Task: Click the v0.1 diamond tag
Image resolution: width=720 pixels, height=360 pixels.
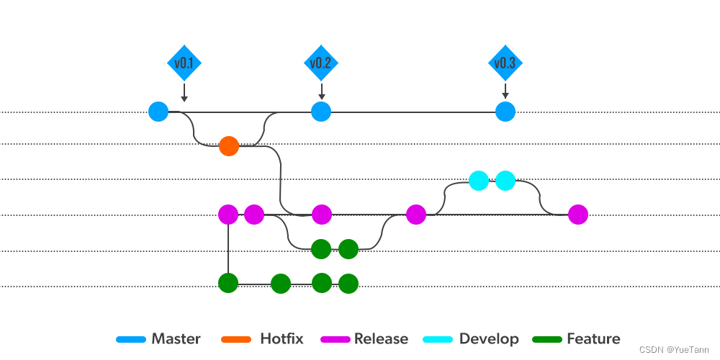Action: pos(184,63)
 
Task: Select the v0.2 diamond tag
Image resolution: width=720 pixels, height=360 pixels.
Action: pos(321,63)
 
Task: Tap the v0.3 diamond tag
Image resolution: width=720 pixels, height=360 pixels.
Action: pos(505,63)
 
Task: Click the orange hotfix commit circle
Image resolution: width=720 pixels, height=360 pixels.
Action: pos(229,146)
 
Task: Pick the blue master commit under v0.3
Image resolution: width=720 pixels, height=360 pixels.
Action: pos(505,112)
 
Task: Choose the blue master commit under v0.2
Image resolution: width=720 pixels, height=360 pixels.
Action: pos(321,112)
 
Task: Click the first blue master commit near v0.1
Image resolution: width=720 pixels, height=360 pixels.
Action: pos(158,112)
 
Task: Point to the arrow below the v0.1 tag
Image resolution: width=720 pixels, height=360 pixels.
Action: pos(184,92)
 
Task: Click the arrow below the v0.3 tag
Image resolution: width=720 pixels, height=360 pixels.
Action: pos(505,91)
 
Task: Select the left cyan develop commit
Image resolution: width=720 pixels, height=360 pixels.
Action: pos(479,181)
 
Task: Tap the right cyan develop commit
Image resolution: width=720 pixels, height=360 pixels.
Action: pos(505,181)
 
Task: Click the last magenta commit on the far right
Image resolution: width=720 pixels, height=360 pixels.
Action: pos(577,215)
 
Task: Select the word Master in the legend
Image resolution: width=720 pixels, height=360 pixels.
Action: pos(176,339)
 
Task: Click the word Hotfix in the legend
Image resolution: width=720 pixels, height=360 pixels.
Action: pos(282,339)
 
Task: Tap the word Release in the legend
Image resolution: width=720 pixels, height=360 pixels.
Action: pos(381,339)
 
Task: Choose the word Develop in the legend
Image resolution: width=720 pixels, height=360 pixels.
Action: pos(489,339)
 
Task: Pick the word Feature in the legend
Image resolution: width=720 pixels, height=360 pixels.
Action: pos(594,339)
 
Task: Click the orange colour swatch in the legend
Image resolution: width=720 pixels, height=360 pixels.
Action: pos(236,340)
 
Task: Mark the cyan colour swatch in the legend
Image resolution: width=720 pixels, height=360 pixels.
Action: pos(438,340)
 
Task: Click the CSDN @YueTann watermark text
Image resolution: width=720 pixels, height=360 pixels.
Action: pos(674,351)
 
